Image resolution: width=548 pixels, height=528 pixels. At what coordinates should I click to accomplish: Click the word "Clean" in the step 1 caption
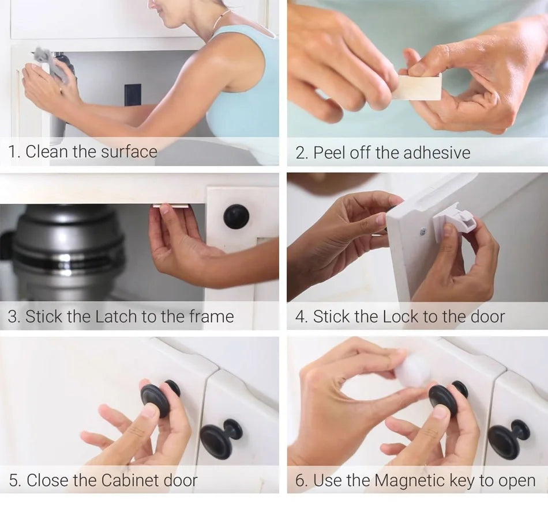click(46, 152)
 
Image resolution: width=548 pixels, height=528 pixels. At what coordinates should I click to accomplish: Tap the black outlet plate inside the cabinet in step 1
click(132, 96)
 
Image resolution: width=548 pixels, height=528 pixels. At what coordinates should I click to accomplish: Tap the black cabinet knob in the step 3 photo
click(237, 216)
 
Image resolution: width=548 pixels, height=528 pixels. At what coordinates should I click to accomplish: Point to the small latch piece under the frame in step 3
click(171, 206)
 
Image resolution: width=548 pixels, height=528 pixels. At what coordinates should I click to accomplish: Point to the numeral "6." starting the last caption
click(301, 480)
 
